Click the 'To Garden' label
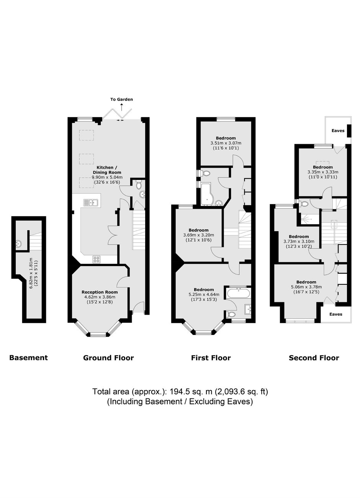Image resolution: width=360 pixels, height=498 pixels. (x=121, y=100)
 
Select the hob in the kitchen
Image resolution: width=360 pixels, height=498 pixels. (x=97, y=259)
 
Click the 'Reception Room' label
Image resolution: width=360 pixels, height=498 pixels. (x=100, y=292)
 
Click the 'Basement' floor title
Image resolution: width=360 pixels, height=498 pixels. (x=28, y=358)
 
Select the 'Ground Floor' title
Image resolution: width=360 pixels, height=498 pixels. (x=108, y=358)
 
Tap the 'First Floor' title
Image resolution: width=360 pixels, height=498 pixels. (x=211, y=358)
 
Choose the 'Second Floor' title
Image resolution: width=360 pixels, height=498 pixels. (x=314, y=358)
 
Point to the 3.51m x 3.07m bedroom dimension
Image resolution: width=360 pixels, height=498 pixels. (x=226, y=143)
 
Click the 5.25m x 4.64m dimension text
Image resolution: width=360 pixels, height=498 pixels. (x=204, y=294)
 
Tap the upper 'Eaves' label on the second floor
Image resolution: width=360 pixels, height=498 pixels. (x=338, y=131)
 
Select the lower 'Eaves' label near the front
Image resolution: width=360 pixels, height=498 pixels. (x=336, y=314)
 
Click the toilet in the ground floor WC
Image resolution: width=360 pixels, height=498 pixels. (x=139, y=185)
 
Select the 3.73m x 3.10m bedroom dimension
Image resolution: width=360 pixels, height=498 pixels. (x=299, y=241)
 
